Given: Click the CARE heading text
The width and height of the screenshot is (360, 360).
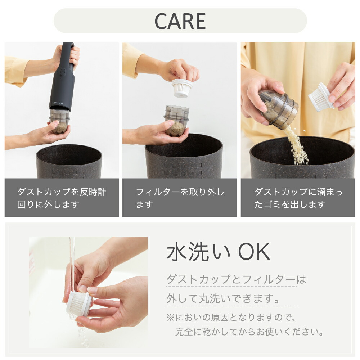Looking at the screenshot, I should [x=180, y=21].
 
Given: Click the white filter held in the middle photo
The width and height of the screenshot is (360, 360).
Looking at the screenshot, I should [x=182, y=88].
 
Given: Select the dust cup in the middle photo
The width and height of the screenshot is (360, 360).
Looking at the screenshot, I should [x=176, y=121].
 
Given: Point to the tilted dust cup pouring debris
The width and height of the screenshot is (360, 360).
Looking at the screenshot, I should [x=278, y=109].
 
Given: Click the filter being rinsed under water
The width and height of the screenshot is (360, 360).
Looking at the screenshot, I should [x=79, y=303].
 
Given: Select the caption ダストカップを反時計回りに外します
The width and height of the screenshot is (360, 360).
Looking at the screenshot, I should [x=62, y=198].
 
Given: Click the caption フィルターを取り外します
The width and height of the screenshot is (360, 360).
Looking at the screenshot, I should [x=180, y=198].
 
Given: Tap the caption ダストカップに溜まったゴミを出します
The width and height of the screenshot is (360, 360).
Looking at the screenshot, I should [x=298, y=198].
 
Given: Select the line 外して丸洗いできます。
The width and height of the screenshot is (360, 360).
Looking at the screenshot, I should [x=223, y=298].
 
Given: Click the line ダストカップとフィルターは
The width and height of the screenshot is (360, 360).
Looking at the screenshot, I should [x=236, y=279].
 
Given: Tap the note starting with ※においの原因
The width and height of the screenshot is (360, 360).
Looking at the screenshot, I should [x=230, y=318].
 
